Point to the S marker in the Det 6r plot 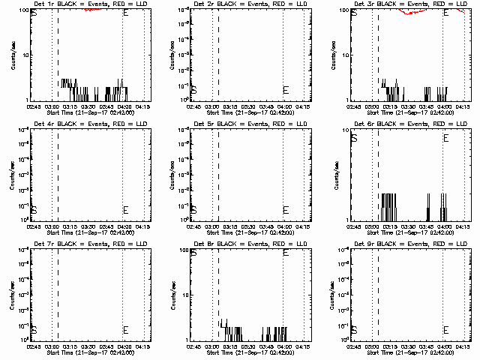[354, 139]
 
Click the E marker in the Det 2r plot [286, 90]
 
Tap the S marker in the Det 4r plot [33, 210]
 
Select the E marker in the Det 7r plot [125, 330]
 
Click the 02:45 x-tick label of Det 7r [33, 346]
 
